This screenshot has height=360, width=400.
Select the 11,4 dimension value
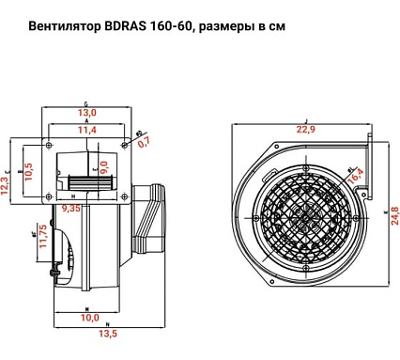point(86,132)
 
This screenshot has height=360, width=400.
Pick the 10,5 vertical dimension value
point(29,170)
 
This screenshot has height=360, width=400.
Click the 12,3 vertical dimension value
point(7,184)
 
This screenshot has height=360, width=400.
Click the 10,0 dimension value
point(88,318)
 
